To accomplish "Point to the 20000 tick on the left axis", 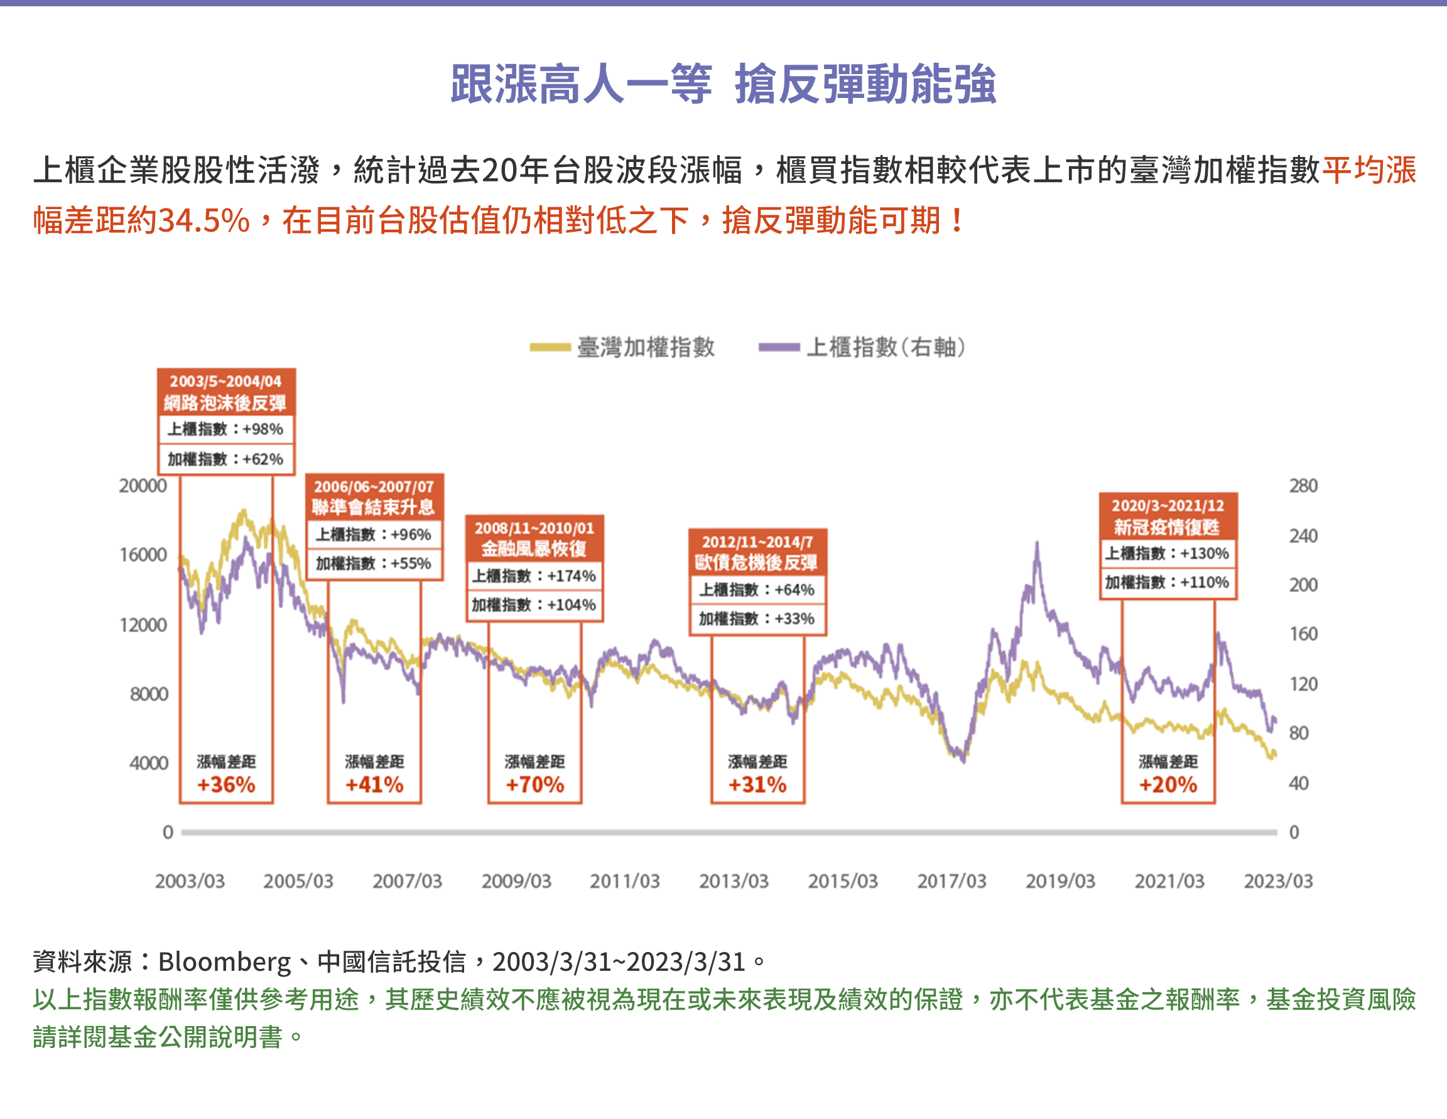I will click(x=143, y=485).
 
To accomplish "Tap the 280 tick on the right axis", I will click(x=1303, y=485).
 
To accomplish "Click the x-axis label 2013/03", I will click(x=734, y=881).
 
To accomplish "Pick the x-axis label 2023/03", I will click(x=1277, y=881).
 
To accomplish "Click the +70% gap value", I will click(x=534, y=785).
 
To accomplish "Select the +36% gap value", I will click(x=226, y=785).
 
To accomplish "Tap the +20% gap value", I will click(x=1168, y=785).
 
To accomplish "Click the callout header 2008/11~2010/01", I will click(x=534, y=529).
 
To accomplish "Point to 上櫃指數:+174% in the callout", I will click(x=534, y=576).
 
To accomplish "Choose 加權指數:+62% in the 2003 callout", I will click(x=225, y=459).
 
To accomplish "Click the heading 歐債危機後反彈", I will click(x=757, y=563).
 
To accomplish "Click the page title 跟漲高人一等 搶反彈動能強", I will click(x=723, y=85).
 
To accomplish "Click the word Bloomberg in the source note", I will click(x=225, y=962).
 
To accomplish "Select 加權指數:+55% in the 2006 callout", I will click(x=373, y=564).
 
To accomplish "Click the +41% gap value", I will click(x=374, y=785).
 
